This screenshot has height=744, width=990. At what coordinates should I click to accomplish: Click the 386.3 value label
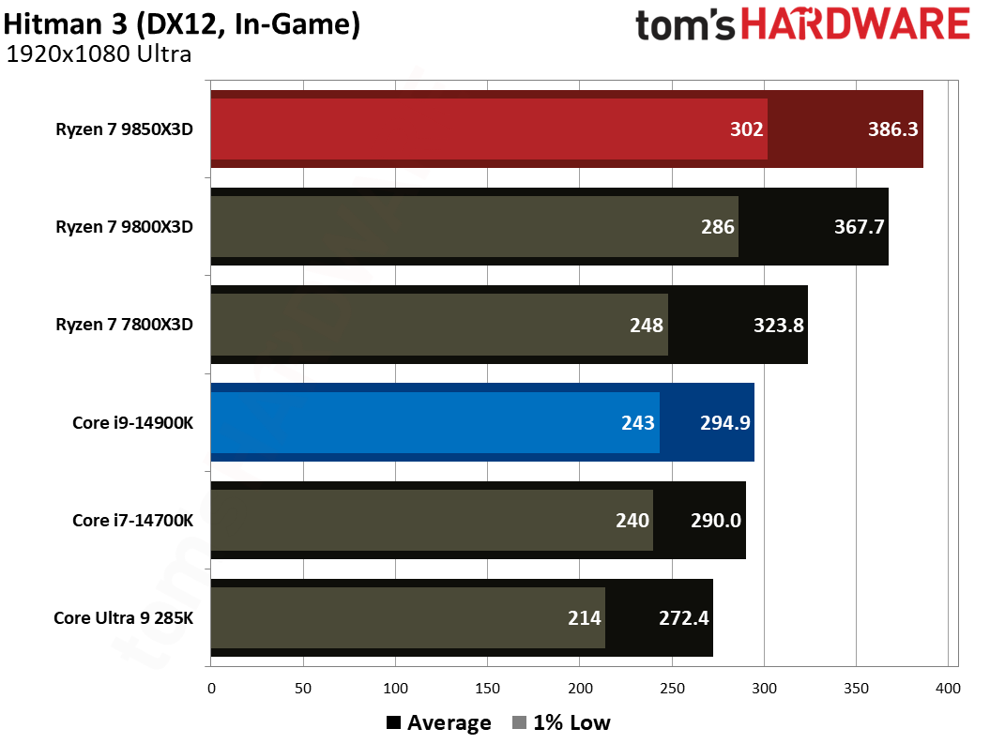pos(891,129)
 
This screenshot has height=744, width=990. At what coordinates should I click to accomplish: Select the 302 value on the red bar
pos(747,129)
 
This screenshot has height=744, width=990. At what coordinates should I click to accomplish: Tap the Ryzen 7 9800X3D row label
pos(124,227)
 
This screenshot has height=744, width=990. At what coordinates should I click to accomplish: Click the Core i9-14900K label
pos(132,422)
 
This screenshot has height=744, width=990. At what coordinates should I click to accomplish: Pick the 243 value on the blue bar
pos(638,422)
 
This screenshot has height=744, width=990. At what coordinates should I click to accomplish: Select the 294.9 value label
pos(723,422)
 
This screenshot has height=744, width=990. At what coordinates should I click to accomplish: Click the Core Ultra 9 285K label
pos(123,617)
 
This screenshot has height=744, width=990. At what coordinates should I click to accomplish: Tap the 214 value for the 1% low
pos(584,617)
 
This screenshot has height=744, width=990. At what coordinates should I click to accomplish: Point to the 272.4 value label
pos(682,617)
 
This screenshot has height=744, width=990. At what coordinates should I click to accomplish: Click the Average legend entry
pos(438,722)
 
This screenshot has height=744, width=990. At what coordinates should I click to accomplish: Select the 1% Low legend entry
pos(561,722)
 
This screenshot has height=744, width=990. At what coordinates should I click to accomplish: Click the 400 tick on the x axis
pos(948,689)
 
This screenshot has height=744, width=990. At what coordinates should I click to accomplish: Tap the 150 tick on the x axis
pos(488,689)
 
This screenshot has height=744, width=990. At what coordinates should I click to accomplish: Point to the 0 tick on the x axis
pos(211,689)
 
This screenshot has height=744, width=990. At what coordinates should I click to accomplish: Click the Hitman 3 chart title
pos(182,23)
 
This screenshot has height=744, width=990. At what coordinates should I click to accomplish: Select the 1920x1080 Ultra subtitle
pos(99,54)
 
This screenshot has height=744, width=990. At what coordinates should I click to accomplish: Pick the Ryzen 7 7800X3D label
pos(124,325)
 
